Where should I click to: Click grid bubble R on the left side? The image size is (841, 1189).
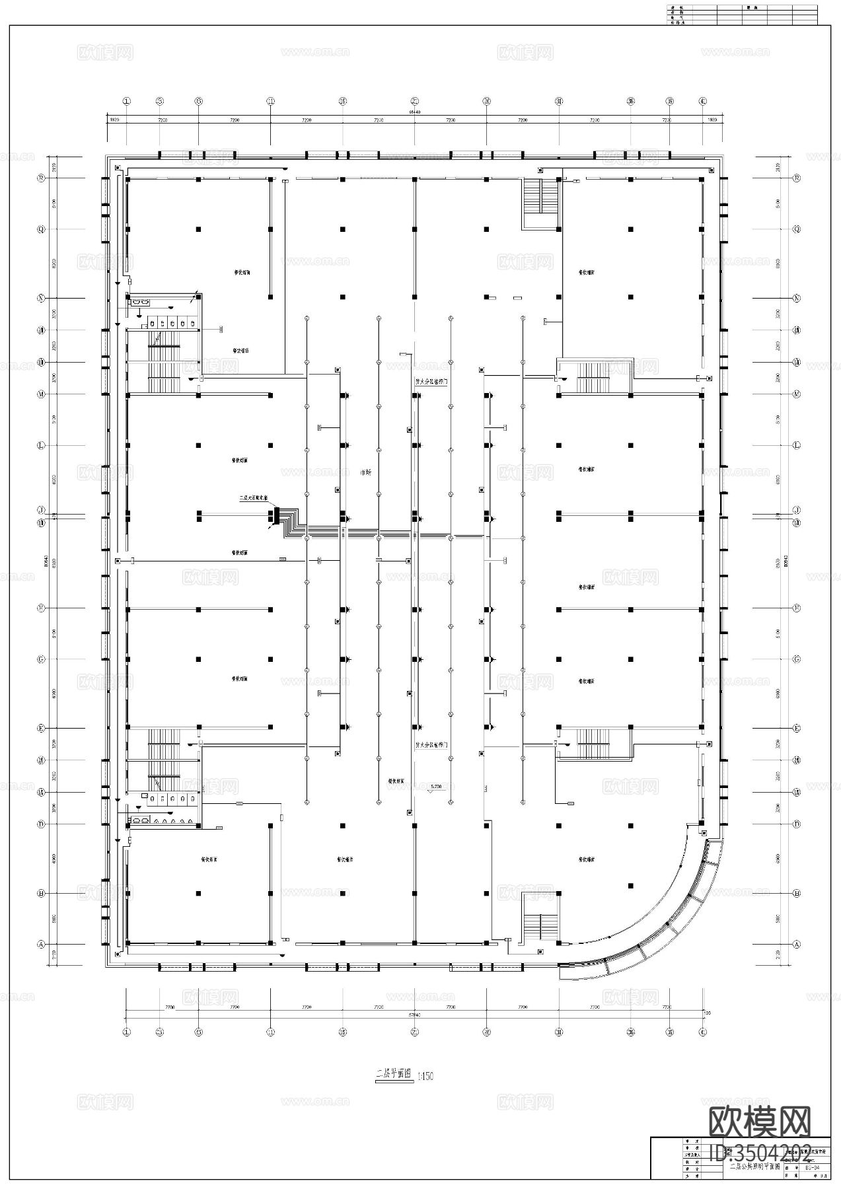41,178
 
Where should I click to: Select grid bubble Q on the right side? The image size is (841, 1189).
797,229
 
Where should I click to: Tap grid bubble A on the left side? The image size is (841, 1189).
41,945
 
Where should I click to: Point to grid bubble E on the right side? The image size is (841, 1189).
797,728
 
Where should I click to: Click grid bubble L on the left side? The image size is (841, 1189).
41,445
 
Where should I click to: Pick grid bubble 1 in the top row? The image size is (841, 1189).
127,101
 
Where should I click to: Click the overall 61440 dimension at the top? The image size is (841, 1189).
414,112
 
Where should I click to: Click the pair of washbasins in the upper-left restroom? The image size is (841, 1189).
140,302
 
